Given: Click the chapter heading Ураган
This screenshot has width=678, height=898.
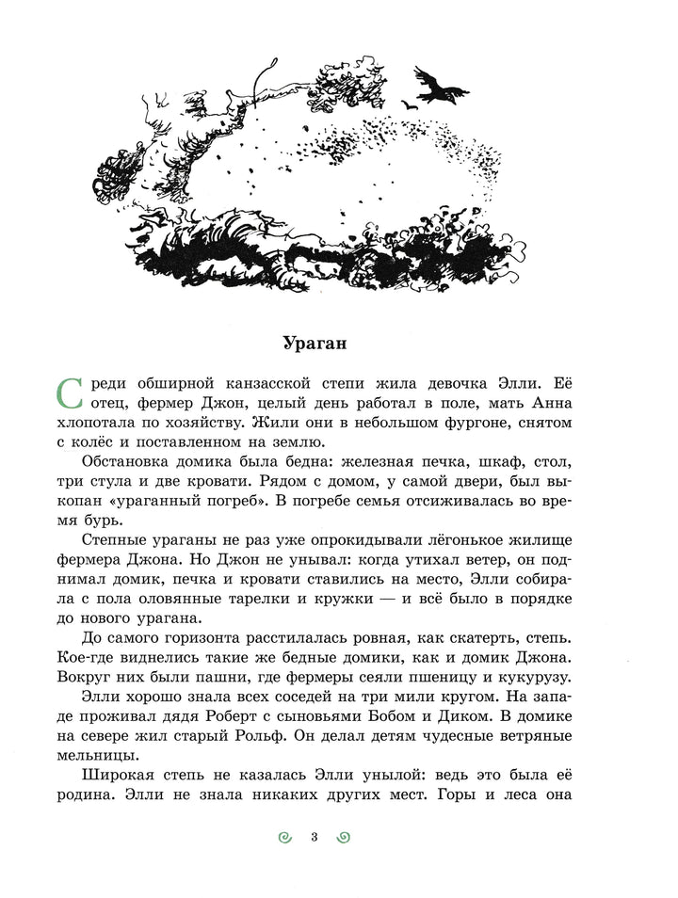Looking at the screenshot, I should click(x=315, y=343).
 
